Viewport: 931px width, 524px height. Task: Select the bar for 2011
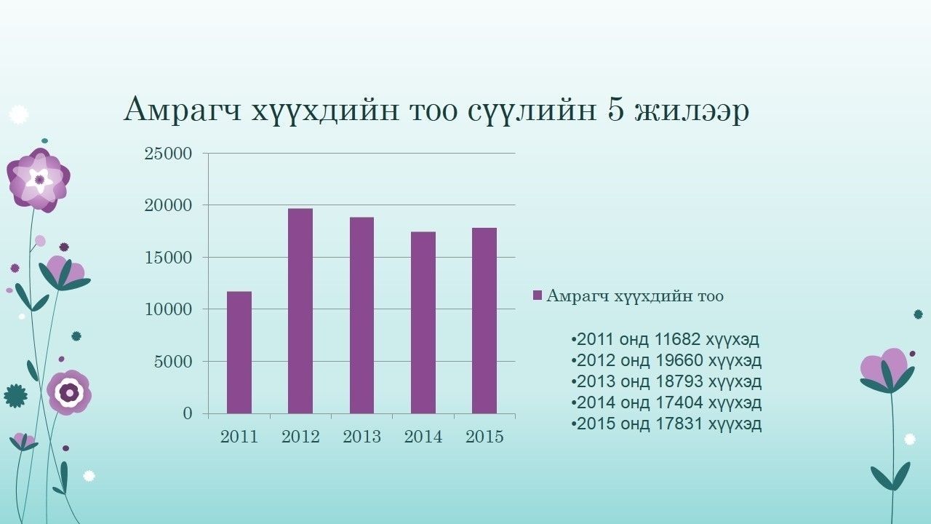click(239, 353)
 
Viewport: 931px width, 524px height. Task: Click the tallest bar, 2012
click(300, 311)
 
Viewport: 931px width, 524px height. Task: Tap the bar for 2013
click(361, 316)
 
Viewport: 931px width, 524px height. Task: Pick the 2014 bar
click(423, 322)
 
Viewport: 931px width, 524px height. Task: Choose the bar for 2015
click(484, 321)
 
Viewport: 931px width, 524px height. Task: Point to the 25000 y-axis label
click(168, 154)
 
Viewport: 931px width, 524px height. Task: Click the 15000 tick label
click(168, 258)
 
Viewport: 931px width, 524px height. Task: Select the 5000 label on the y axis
click(173, 362)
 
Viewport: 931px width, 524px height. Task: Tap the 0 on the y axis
click(188, 413)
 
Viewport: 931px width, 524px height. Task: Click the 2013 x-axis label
click(361, 437)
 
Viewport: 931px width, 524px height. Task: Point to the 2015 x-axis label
click(484, 437)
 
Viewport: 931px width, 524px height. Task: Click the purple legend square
click(538, 295)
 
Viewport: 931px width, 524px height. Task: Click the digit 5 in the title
click(615, 110)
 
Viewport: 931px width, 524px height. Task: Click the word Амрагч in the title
click(183, 110)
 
